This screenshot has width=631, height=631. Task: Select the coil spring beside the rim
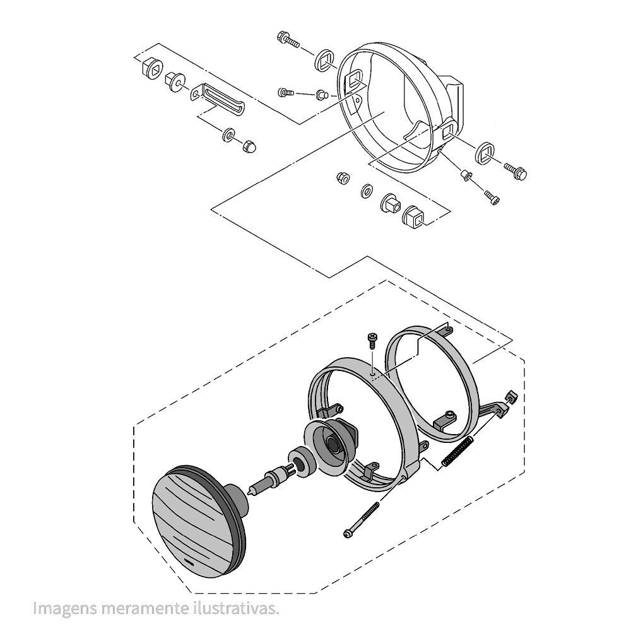pyautogui.click(x=458, y=452)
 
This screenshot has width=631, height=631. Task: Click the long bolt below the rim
pyautogui.click(x=362, y=519)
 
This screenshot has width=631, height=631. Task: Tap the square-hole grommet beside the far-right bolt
pyautogui.click(x=486, y=153)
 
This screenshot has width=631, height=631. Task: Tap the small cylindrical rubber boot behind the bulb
pyautogui.click(x=300, y=463)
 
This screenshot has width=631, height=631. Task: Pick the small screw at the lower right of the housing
pyautogui.click(x=492, y=197)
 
